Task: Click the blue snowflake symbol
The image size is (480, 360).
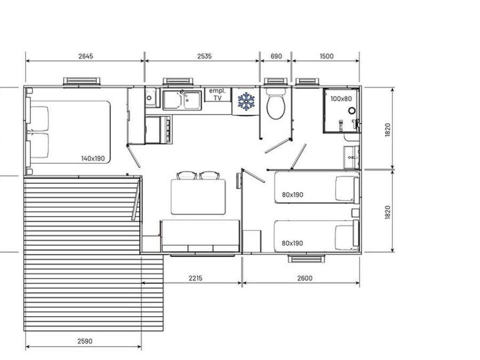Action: pyautogui.click(x=246, y=102)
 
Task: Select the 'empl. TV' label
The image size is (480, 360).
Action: pyautogui.click(x=218, y=94)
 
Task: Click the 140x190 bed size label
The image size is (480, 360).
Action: pyautogui.click(x=93, y=158)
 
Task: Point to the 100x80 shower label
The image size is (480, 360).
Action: pyautogui.click(x=341, y=99)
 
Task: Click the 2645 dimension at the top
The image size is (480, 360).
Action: pyautogui.click(x=85, y=56)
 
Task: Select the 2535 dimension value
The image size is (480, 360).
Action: pyautogui.click(x=204, y=56)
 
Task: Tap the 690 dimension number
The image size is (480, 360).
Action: pyautogui.click(x=276, y=56)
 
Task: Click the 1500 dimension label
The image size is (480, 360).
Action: pyautogui.click(x=326, y=56)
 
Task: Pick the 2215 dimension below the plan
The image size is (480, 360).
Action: pyautogui.click(x=195, y=278)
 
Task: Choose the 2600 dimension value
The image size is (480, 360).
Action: pyautogui.click(x=305, y=278)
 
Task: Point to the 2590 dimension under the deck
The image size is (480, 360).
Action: pyautogui.click(x=85, y=341)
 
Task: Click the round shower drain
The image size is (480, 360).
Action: pyautogui.click(x=352, y=110)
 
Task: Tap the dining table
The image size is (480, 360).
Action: pyautogui.click(x=198, y=197)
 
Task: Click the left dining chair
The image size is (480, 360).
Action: pyautogui.click(x=187, y=175)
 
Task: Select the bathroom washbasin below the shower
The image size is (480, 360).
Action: pyautogui.click(x=351, y=157)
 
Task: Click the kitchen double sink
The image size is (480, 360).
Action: pyautogui.click(x=182, y=100)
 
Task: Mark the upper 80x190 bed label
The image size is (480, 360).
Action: pyautogui.click(x=292, y=195)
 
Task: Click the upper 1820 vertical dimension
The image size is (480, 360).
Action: pyautogui.click(x=388, y=130)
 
